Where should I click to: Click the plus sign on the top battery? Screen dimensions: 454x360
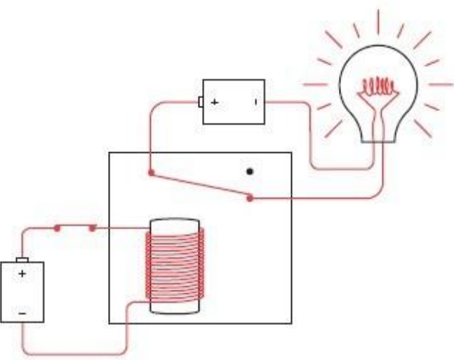point(214,102)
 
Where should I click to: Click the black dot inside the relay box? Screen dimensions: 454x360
point(249,171)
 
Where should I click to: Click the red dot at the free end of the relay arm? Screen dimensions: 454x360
point(251,199)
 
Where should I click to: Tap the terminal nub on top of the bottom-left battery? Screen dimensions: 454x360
point(22,259)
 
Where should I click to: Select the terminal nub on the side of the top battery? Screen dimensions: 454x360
point(201,102)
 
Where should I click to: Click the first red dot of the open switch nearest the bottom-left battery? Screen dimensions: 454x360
point(58,227)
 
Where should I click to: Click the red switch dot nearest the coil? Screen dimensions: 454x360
point(93,227)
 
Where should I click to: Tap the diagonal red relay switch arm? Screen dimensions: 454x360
point(200,185)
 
